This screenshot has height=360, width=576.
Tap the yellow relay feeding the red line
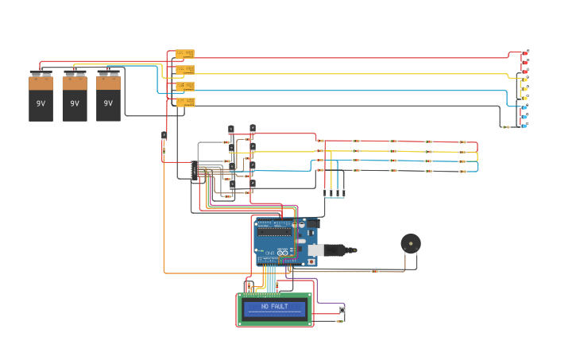[184, 54]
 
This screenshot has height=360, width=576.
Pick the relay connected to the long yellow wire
[184, 70]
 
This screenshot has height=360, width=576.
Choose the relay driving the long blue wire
[184, 86]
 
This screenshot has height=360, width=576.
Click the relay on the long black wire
[185, 103]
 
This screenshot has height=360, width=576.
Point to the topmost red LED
[525, 53]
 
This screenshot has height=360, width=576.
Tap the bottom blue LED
[525, 125]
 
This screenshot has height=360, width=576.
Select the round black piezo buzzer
[410, 243]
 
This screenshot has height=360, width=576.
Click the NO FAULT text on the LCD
[275, 306]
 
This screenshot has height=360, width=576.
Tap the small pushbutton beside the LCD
[342, 309]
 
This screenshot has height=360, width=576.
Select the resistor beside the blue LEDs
[505, 126]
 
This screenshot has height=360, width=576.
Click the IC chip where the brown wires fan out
[194, 169]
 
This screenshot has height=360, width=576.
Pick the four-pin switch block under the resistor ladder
[334, 193]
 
